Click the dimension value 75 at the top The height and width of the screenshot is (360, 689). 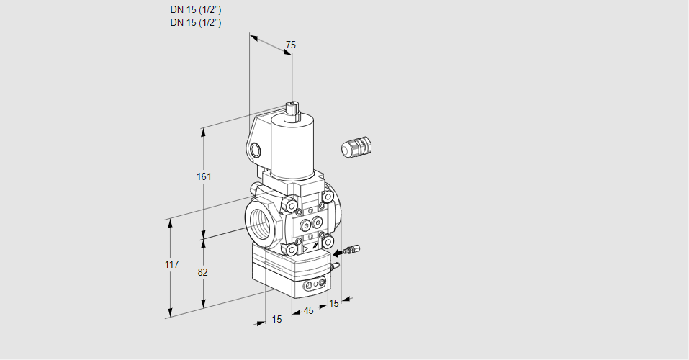[x=290, y=45]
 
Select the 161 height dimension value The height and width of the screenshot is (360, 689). [x=204, y=177]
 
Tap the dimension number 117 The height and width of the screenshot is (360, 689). [x=171, y=265]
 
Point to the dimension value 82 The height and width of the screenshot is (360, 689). [x=203, y=272]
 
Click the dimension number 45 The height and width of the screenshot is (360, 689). [x=308, y=311]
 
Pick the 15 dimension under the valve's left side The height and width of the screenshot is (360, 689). [x=276, y=319]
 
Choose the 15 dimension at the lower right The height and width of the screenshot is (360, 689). [x=333, y=303]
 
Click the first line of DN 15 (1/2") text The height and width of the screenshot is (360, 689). [x=195, y=10]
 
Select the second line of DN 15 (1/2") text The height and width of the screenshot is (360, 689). [x=195, y=22]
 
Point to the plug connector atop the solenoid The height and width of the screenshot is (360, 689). [x=292, y=110]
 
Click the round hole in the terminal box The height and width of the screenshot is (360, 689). [x=256, y=150]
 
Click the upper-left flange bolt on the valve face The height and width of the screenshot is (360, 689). [x=292, y=207]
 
